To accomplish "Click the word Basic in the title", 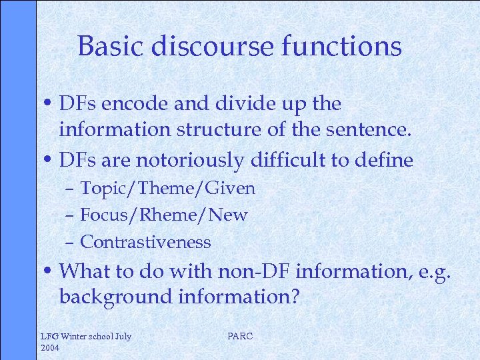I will [x=110, y=47].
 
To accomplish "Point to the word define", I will [x=386, y=161].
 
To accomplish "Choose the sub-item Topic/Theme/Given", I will [x=167, y=189].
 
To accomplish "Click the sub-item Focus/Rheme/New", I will [x=163, y=215].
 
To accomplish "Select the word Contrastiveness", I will [x=145, y=242].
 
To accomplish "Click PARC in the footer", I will [x=240, y=336].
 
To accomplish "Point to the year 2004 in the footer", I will [x=51, y=347].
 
